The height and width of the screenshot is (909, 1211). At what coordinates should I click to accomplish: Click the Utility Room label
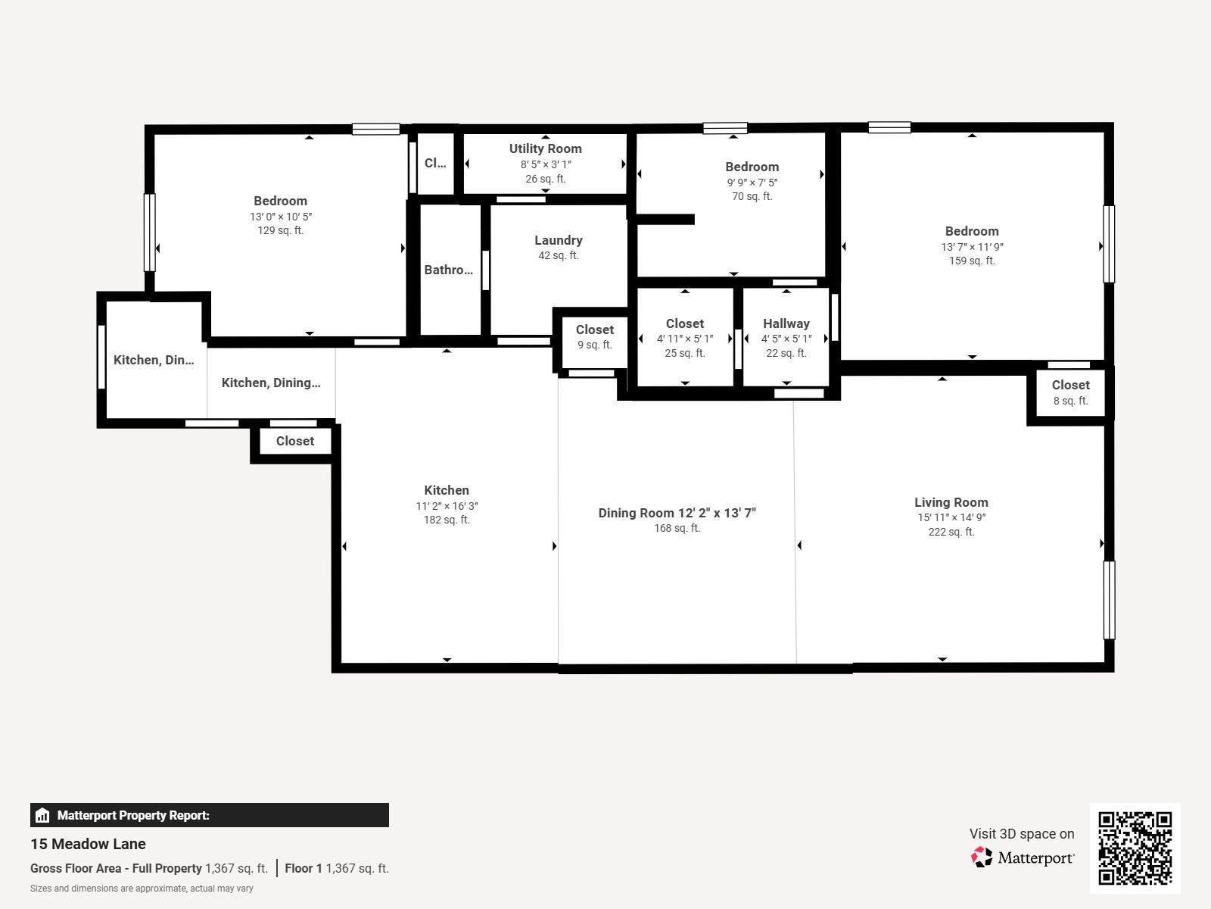coord(545,148)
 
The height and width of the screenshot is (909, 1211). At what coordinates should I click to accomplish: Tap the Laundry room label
coord(559,240)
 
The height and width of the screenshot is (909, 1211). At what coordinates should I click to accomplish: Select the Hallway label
coord(786,323)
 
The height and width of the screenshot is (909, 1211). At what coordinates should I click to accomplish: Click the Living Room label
coord(951,502)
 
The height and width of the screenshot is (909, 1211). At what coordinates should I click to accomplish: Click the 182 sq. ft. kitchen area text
coord(447,520)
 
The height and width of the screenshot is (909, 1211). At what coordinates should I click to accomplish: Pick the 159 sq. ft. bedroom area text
coord(972,261)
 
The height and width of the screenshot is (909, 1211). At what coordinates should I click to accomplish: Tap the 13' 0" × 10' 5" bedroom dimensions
coord(280,217)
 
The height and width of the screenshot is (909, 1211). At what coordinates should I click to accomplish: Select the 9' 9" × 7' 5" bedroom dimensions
coord(752,182)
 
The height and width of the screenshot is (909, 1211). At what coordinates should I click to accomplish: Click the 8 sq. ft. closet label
coord(1070,401)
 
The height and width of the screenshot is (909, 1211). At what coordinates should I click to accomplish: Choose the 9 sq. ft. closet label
coord(594,345)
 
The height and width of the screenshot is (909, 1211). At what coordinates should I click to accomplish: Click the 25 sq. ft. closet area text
coord(685,353)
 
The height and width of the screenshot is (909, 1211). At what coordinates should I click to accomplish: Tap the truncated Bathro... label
coord(448,270)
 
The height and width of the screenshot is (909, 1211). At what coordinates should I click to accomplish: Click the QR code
coord(1135,848)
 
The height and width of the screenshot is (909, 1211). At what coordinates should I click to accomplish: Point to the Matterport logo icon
coord(982,857)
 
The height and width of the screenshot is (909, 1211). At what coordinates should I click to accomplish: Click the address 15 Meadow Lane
coord(88,844)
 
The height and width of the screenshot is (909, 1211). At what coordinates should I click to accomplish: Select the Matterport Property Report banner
coord(209,815)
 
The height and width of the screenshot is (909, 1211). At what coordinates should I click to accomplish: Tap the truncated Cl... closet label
coord(434,163)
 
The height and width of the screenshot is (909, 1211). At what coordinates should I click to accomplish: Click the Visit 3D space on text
coord(1022,834)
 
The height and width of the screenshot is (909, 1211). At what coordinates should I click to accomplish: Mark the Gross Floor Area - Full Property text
coord(116,868)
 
